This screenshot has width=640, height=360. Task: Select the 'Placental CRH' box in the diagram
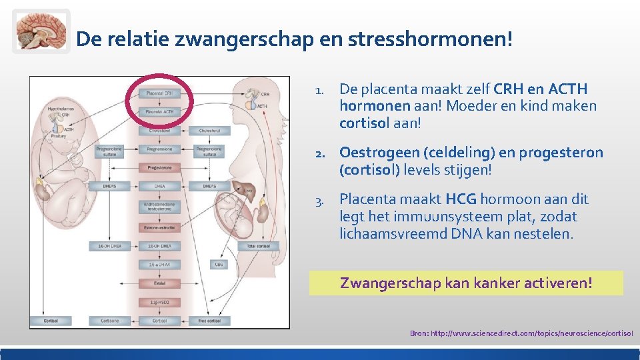click(159, 93)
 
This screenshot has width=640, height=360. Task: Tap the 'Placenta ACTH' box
click(159, 111)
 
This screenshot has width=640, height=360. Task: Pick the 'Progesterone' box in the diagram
click(159, 168)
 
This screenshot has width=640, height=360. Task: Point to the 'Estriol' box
click(159, 283)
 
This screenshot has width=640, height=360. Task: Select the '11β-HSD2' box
click(159, 301)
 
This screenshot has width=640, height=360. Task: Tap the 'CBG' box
click(219, 264)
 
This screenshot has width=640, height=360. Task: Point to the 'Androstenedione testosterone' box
click(159, 207)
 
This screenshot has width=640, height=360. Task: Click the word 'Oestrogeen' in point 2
click(373, 153)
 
